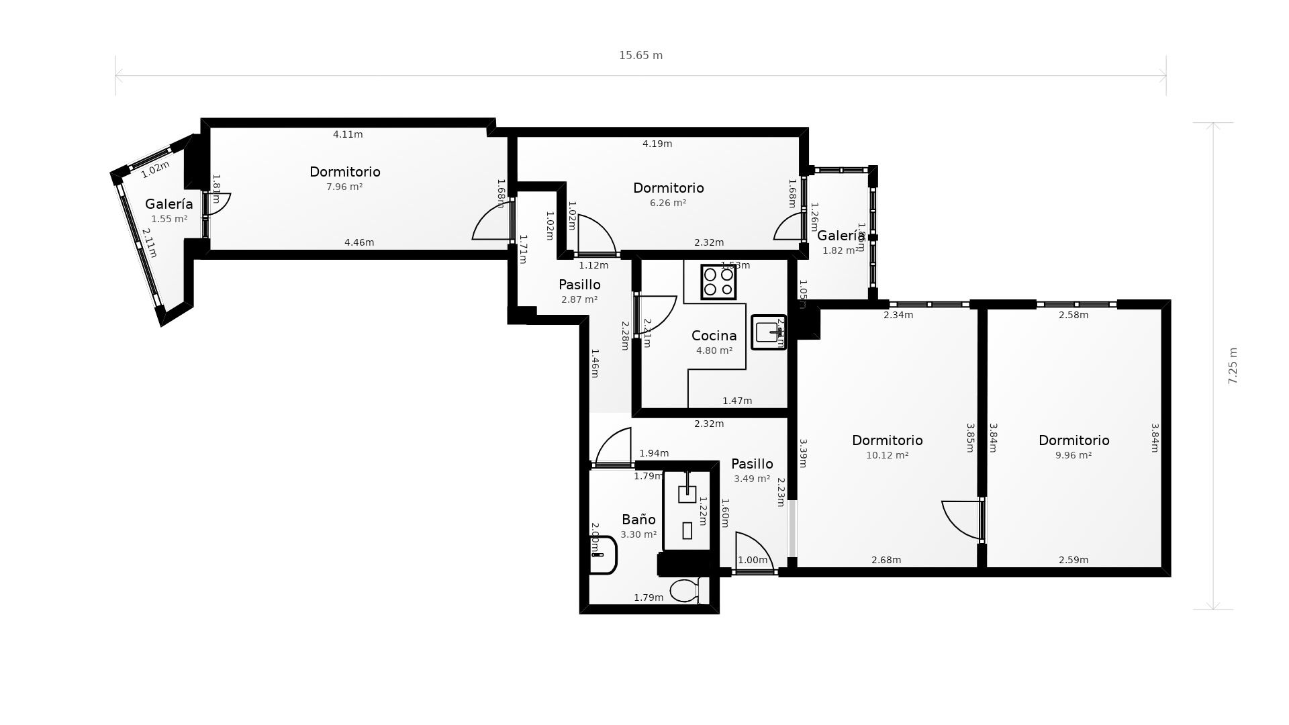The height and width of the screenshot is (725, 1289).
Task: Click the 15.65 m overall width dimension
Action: (640, 56)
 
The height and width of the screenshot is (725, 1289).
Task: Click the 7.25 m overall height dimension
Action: (1232, 366)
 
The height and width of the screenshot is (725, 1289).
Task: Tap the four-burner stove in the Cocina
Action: (718, 282)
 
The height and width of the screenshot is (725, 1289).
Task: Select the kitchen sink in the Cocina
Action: (768, 332)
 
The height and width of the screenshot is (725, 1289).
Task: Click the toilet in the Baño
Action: (685, 591)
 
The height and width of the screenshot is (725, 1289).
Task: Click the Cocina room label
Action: (714, 336)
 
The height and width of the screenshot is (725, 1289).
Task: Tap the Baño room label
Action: (638, 520)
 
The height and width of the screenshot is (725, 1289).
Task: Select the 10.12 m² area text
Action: (887, 455)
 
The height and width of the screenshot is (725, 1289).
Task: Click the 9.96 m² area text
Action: (1073, 455)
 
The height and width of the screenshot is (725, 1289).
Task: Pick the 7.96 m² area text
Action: (344, 187)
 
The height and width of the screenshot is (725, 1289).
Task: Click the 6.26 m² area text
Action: (668, 203)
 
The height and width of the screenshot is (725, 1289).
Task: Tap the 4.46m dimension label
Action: (359, 242)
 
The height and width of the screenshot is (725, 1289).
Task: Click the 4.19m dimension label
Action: (657, 144)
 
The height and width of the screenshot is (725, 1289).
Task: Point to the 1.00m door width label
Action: (753, 560)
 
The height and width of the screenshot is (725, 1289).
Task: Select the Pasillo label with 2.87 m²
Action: (579, 285)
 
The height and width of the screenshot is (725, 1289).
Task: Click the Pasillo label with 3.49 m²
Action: (752, 464)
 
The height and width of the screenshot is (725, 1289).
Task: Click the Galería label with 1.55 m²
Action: (169, 204)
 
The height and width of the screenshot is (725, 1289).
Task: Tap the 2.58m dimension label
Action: (1073, 315)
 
